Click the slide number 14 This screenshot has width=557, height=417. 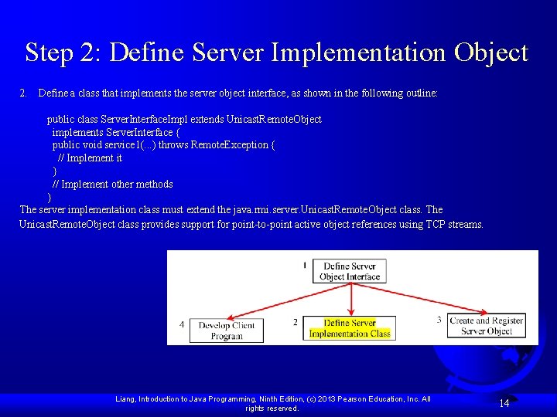pos(504,403)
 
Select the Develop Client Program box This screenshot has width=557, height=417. pos(226,331)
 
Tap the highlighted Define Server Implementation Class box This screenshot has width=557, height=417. pos(350,328)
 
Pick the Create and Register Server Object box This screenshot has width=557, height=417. pos(487,326)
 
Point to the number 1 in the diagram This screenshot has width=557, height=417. pos(305,265)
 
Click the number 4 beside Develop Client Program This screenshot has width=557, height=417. pos(182,324)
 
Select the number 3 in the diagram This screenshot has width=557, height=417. pos(439,320)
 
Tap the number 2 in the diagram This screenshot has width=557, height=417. pos(295,322)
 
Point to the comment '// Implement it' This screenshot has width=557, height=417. pos(90,158)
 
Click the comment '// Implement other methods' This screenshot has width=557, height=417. pos(112,184)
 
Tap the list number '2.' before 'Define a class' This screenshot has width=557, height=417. pos(24,93)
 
